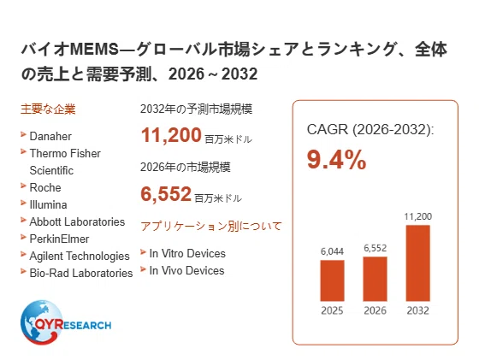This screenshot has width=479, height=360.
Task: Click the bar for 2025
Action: click(332, 280)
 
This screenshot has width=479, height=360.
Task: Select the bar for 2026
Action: click(375, 279)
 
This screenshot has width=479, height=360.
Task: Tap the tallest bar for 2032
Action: click(418, 263)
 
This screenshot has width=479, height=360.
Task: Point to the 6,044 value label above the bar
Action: click(332, 251)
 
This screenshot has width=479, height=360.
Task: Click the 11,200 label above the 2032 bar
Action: click(418, 216)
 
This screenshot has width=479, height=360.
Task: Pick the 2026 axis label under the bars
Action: click(376, 310)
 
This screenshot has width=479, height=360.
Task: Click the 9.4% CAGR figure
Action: click(336, 159)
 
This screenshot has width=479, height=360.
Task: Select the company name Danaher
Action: click(50, 136)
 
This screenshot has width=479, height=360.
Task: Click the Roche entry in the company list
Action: click(45, 187)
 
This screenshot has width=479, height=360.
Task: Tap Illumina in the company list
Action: click(48, 204)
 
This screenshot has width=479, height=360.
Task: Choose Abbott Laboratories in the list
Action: click(77, 221)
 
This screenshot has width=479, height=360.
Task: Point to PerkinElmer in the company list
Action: click(59, 239)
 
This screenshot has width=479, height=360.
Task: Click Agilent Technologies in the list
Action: click(80, 257)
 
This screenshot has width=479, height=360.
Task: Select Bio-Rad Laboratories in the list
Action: click(81, 273)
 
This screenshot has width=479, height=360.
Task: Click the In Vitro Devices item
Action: click(187, 253)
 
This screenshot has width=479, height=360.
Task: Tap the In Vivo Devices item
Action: click(186, 270)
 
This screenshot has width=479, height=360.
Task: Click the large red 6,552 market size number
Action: click(166, 194)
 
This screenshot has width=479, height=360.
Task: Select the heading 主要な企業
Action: click(48, 109)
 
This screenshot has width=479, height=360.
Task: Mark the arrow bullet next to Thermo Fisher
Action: click(23, 151)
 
